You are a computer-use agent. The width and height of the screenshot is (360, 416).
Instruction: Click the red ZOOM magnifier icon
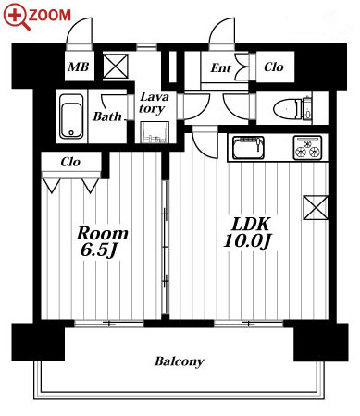tap(17, 17)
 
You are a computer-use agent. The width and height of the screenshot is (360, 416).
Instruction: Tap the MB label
tap(79, 67)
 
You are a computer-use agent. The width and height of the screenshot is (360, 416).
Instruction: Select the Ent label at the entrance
tap(220, 68)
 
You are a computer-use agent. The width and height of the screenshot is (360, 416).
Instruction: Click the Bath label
tap(107, 116)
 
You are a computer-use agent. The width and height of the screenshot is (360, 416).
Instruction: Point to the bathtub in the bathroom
tap(71, 116)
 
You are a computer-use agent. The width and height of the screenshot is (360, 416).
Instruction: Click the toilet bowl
tap(286, 108)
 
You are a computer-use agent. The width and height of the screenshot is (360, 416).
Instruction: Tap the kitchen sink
tap(249, 147)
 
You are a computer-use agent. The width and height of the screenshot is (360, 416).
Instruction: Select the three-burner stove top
tap(308, 147)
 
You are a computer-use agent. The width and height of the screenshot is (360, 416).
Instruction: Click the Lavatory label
tap(154, 103)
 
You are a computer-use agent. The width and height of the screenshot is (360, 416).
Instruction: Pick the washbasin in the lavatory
tap(155, 132)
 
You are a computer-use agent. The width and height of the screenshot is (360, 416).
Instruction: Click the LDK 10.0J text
tap(248, 232)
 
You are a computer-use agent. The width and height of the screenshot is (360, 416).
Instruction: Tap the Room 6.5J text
tap(102, 241)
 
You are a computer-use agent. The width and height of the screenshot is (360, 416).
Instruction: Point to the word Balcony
tap(180, 361)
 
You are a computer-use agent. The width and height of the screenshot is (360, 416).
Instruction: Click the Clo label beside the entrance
tap(274, 67)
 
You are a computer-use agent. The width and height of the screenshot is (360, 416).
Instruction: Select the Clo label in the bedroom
tap(70, 162)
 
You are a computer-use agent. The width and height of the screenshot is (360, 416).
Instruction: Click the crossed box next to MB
tap(115, 67)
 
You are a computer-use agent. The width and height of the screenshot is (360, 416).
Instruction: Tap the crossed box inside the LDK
tap(316, 208)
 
